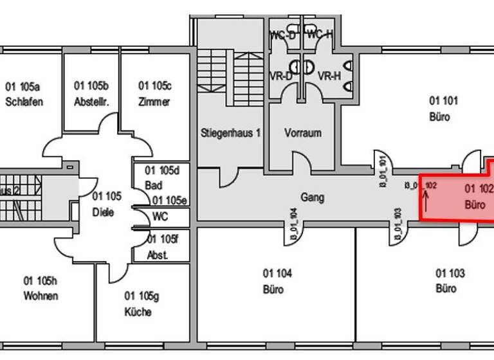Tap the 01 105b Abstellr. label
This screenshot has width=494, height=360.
[x=91, y=94]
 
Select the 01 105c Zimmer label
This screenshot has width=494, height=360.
[x=154, y=94]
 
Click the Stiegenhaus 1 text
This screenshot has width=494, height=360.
[x=230, y=133]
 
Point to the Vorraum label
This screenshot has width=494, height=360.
[x=302, y=133]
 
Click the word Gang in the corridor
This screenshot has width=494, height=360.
[x=312, y=197]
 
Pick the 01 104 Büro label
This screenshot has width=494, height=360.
[x=278, y=281]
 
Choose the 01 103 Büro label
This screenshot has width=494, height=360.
[x=450, y=281]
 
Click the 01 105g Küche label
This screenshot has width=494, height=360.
[x=138, y=304]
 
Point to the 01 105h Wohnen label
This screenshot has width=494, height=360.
[x=41, y=289]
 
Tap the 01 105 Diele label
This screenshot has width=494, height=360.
[x=103, y=204]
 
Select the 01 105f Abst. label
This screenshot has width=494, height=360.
[x=161, y=248]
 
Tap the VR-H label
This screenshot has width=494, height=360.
[x=329, y=76]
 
